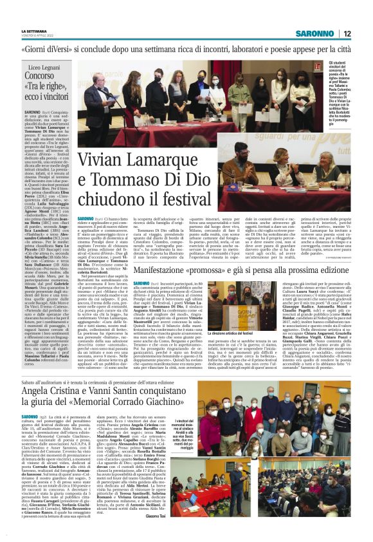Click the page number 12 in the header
click(x=347, y=33)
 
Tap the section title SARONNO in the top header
click(x=315, y=33)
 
